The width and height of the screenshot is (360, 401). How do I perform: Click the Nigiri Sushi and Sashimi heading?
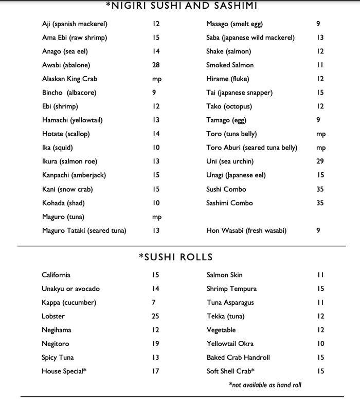[181, 6]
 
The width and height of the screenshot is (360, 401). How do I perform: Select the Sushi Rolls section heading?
[175, 257]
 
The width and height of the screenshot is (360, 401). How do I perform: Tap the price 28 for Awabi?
[156, 65]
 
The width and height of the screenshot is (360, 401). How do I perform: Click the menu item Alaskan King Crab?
[69, 79]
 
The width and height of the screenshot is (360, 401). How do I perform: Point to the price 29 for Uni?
[320, 161]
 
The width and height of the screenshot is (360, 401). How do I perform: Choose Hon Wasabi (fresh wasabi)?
[239, 231]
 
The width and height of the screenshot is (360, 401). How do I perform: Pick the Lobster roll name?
[53, 316]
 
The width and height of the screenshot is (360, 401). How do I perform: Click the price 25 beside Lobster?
[155, 316]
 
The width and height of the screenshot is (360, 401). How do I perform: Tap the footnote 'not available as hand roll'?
[265, 385]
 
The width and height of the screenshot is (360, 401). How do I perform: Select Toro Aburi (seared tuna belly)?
[251, 148]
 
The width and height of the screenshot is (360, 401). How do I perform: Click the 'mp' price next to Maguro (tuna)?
[157, 217]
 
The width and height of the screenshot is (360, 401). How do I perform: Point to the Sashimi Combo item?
[229, 203]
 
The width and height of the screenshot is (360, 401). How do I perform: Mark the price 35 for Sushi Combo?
[320, 189]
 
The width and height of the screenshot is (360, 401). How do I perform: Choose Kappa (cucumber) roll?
[69, 302]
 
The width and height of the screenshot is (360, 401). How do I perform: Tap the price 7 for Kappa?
[154, 302]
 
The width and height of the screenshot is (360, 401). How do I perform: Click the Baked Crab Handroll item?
[238, 357]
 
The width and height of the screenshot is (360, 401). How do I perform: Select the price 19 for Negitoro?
[155, 343]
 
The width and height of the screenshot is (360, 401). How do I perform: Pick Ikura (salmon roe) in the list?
[69, 161]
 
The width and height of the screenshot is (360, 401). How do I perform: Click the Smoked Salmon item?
[230, 65]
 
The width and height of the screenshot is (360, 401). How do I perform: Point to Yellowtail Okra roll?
[230, 343]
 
